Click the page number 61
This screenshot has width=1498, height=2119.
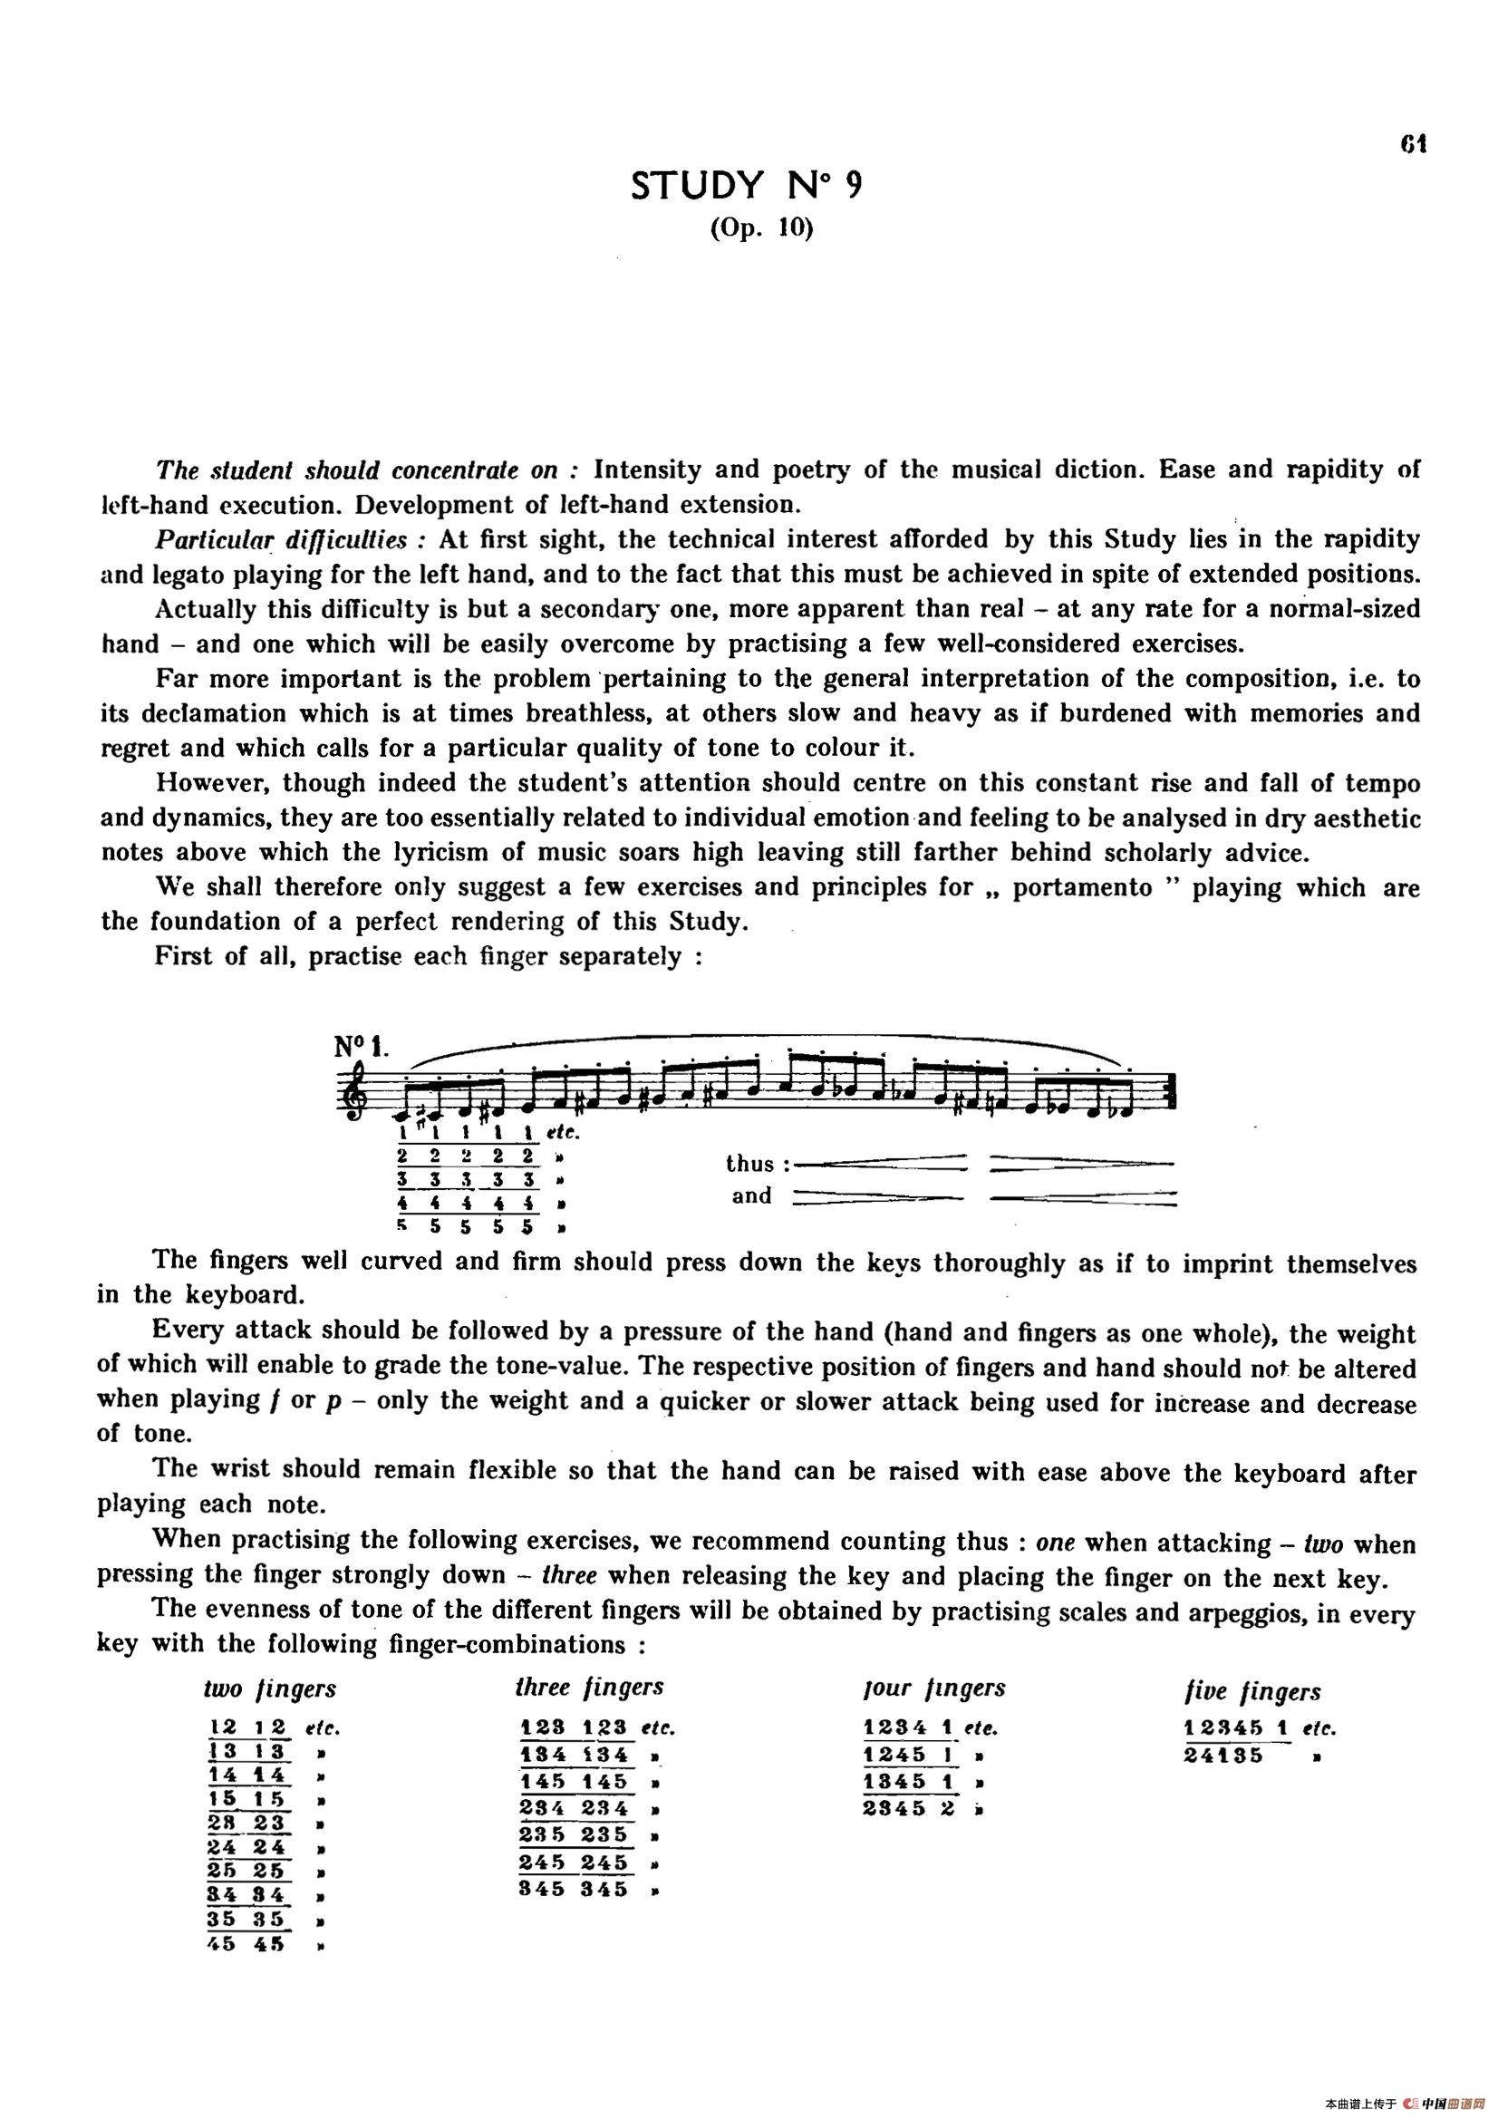[1414, 145]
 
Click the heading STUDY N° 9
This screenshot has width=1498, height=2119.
[748, 187]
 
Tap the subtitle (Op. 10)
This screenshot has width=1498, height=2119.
[761, 228]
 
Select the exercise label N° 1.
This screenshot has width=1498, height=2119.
[362, 1048]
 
